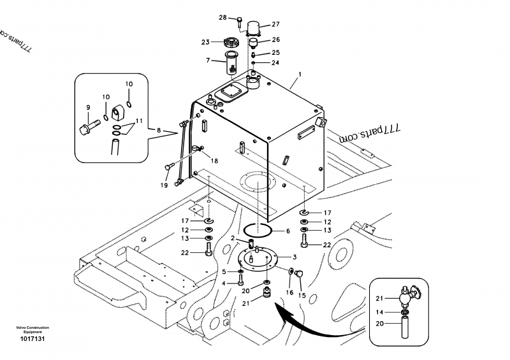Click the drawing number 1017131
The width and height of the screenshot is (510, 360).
33,339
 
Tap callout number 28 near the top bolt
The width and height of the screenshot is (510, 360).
222,18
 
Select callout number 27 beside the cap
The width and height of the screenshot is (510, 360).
275,24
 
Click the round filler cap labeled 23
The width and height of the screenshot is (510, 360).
232,42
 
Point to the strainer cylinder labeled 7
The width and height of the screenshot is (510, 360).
232,62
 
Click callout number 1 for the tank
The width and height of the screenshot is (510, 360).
300,75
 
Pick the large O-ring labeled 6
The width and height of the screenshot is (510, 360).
258,231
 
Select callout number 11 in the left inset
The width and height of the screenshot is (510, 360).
139,121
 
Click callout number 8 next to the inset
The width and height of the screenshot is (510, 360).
159,131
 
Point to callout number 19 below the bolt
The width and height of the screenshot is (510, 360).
164,185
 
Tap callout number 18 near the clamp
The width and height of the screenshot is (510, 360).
214,161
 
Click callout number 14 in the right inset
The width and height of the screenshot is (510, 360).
379,312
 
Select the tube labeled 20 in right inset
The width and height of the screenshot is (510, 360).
405,328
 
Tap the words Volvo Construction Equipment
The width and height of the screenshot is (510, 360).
33,330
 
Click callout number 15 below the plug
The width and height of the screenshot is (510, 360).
302,295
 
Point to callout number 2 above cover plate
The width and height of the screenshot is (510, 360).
233,238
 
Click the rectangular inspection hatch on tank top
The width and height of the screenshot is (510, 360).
231,92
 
